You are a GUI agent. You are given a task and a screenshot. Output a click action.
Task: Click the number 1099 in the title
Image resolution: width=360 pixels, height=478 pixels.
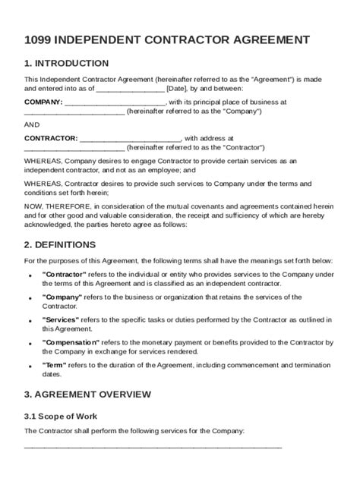pyautogui.click(x=39, y=39)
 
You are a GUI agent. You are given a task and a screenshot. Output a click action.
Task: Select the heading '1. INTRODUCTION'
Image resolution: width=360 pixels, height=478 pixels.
pyautogui.click(x=66, y=63)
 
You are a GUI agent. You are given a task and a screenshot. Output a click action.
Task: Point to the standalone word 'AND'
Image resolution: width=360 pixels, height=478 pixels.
pyautogui.click(x=32, y=124)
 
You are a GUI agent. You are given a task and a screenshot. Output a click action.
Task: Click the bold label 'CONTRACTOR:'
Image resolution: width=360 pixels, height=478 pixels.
pyautogui.click(x=51, y=138)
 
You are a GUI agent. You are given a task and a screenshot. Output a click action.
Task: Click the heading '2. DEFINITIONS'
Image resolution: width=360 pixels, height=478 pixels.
pyautogui.click(x=60, y=244)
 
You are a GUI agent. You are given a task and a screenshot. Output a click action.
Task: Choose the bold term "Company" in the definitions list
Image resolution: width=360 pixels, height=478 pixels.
pyautogui.click(x=63, y=297)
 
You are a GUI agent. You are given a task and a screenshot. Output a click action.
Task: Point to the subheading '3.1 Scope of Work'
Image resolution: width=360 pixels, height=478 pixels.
pyautogui.click(x=61, y=416)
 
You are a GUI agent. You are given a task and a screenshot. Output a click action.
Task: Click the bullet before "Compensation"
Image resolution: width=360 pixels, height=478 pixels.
pyautogui.click(x=30, y=344)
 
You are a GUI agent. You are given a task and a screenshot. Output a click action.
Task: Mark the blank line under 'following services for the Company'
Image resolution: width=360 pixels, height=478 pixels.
pyautogui.click(x=153, y=446)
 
